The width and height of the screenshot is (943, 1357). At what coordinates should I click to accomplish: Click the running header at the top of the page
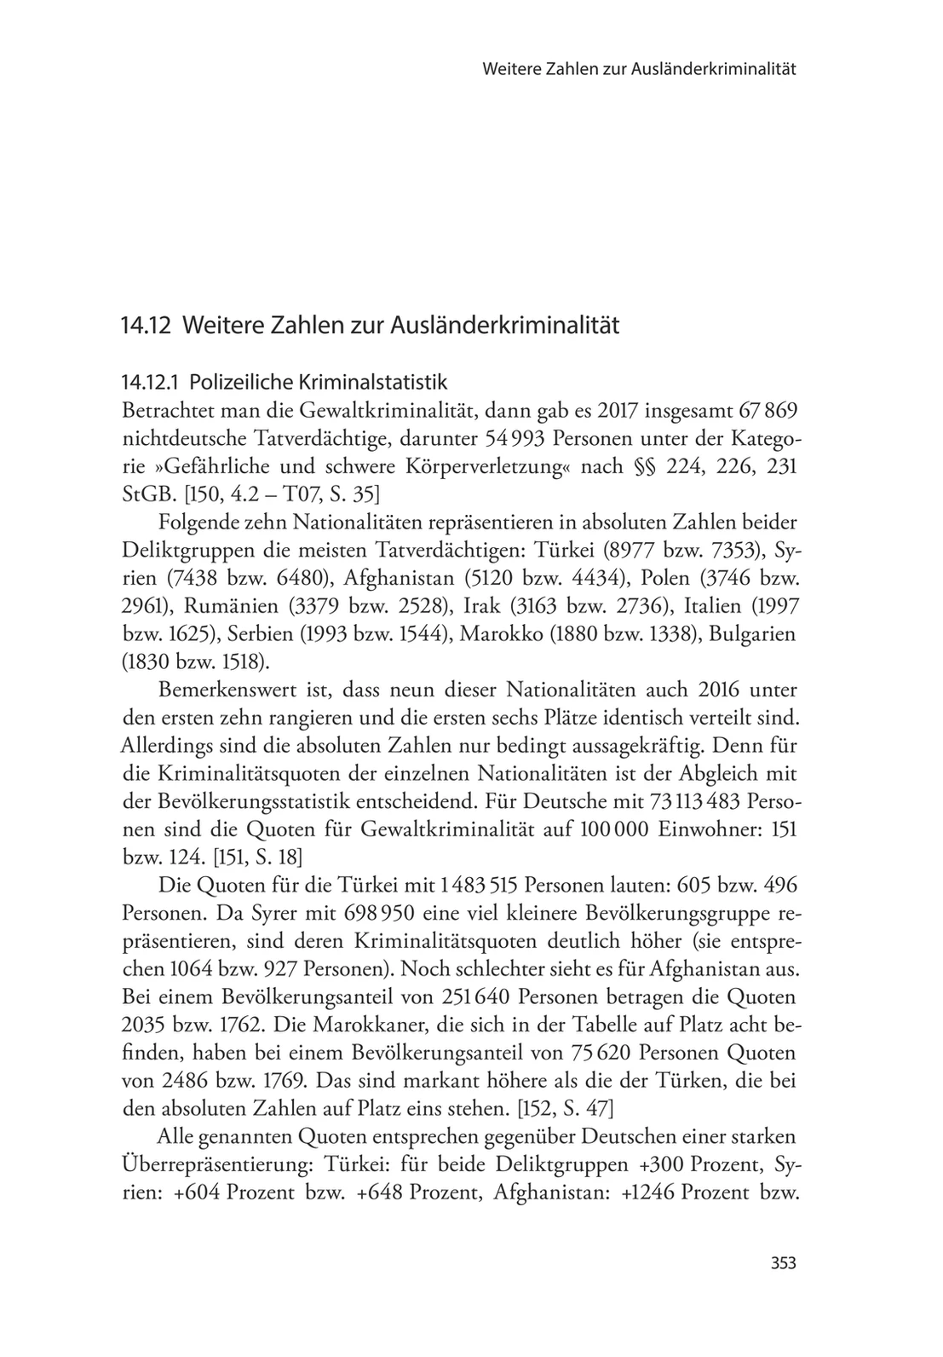click(x=639, y=69)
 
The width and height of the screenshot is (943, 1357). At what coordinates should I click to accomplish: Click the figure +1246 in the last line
click(x=649, y=1191)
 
